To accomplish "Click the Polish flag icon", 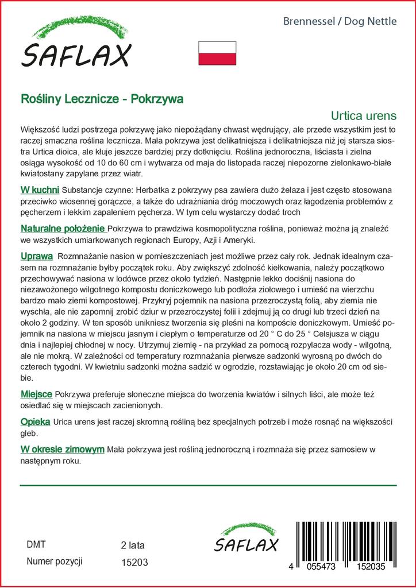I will pos(217,53).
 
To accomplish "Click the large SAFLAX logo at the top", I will pos(76,45).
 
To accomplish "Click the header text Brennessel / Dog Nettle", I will pos(340,22).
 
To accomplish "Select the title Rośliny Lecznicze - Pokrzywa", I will pos(102,98).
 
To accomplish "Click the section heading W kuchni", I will pos(40,189).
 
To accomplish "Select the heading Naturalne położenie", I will pos(63,229).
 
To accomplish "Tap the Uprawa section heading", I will pos(37,256).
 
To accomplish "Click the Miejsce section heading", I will pos(36,394).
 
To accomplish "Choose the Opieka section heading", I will pos(35,422).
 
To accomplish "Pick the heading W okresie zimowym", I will pos(62,449).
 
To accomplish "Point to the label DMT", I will pos(36,544).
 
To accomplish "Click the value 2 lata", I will pos(133,544).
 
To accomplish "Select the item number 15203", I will pos(135,563).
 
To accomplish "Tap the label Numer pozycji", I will pos(55,562).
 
